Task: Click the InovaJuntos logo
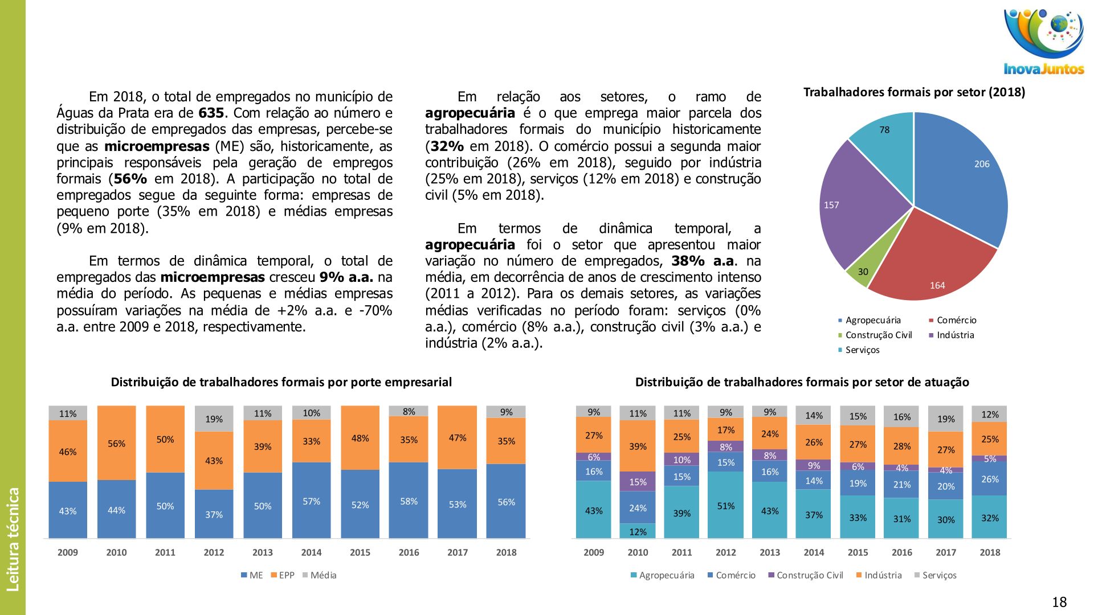(x=1043, y=42)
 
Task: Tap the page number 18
(x=1059, y=602)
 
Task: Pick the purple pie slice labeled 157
(x=855, y=205)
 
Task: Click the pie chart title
(x=914, y=92)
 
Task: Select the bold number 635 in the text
(x=211, y=113)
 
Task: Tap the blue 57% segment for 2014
(x=311, y=501)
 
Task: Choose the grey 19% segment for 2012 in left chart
(x=214, y=419)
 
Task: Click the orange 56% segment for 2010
(x=116, y=443)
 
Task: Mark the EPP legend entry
(x=283, y=575)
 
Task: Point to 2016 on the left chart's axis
(x=409, y=552)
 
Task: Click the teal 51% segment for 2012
(x=725, y=505)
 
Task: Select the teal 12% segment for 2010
(x=638, y=531)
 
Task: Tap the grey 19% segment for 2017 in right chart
(x=945, y=419)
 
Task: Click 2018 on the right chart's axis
(x=990, y=552)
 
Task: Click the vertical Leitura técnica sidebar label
(x=13, y=539)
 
